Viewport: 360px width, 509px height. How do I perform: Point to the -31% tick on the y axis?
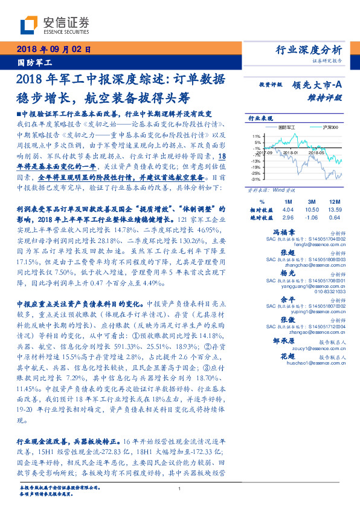pos(256,180)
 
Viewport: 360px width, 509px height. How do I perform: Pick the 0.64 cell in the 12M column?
pos(335,218)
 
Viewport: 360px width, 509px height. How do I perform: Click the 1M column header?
pos(288,201)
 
